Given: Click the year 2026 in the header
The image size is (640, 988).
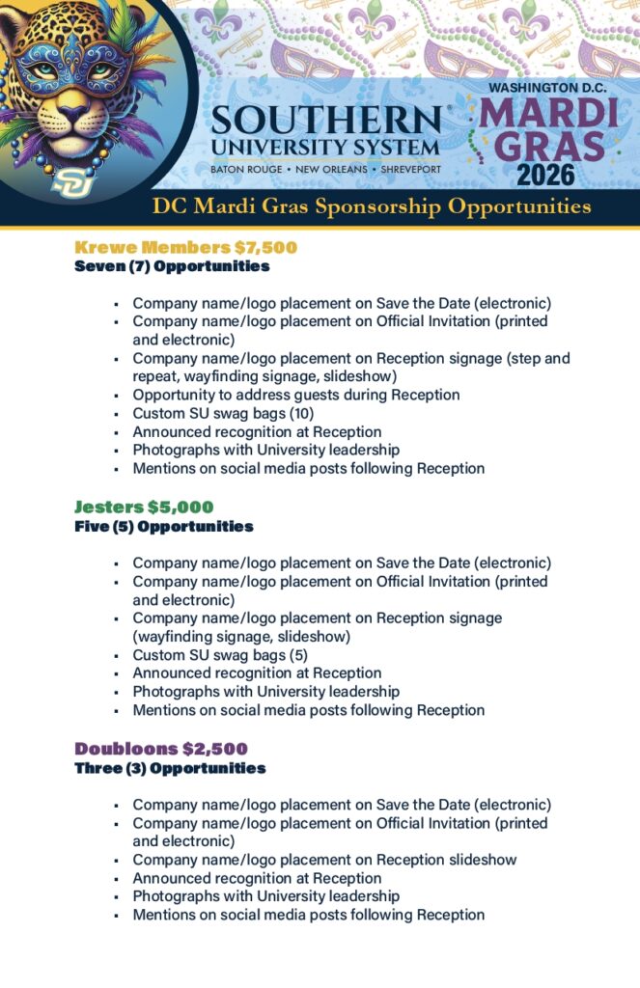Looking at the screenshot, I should pos(545,175).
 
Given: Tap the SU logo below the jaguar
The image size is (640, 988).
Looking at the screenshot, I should pos(70,180).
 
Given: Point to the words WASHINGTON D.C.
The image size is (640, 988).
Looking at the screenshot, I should pos(547,87).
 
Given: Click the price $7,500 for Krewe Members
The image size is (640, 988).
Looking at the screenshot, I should pos(265,248).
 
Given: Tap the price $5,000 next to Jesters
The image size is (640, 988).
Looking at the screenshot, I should pos(181,508).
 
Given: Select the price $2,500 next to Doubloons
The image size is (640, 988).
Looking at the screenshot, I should pos(215,749).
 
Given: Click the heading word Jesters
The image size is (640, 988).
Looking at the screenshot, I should pos(108,508).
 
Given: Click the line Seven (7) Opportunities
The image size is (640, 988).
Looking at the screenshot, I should pos(172,266).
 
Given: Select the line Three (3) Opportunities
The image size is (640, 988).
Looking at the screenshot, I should pos(170,768).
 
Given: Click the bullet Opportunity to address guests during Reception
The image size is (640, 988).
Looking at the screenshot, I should pos(295,395).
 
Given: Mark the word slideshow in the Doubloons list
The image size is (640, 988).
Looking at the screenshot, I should pos(478,860).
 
